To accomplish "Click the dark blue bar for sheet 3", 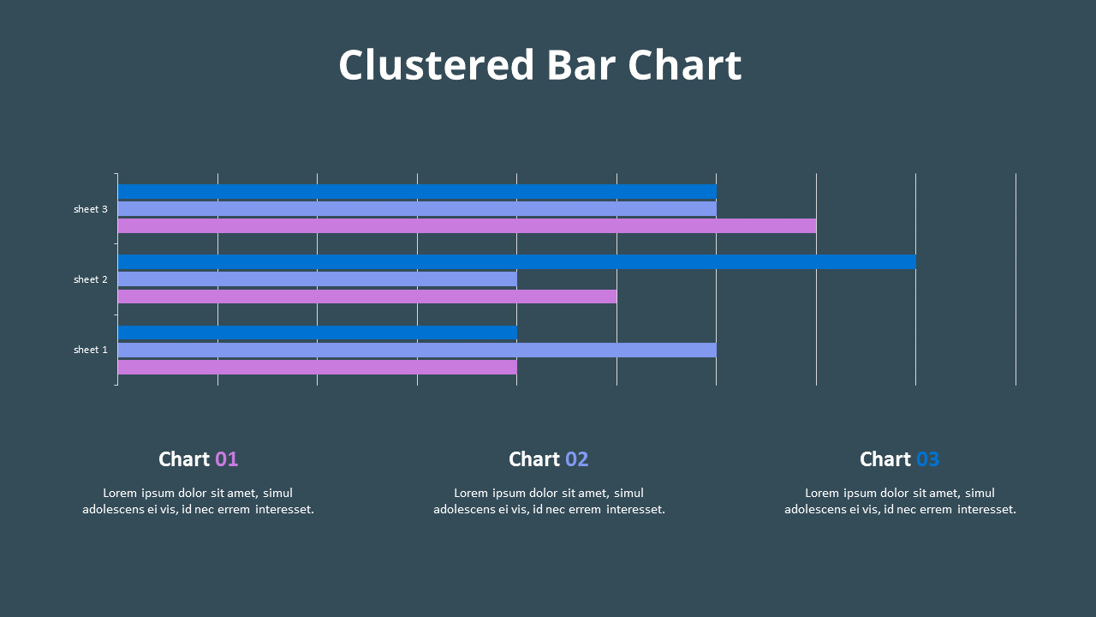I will pyautogui.click(x=417, y=191).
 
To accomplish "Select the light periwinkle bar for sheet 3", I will pyautogui.click(x=417, y=208).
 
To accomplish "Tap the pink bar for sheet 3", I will pyautogui.click(x=467, y=226).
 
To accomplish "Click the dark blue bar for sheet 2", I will pyautogui.click(x=516, y=261).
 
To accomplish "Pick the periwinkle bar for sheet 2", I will pyautogui.click(x=317, y=279).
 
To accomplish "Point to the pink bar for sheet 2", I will pyautogui.click(x=366, y=297).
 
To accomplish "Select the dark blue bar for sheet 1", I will pyautogui.click(x=317, y=332).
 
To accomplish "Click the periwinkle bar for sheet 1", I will pyautogui.click(x=417, y=350).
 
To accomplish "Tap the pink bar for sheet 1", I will pyautogui.click(x=317, y=367).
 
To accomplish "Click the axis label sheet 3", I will pyautogui.click(x=91, y=209).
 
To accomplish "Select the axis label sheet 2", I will pyautogui.click(x=91, y=279).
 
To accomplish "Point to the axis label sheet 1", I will pyautogui.click(x=91, y=350).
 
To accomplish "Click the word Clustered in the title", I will pyautogui.click(x=436, y=65).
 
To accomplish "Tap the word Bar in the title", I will pyautogui.click(x=581, y=65).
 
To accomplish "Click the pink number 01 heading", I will pyautogui.click(x=227, y=459).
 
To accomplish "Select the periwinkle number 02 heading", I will pyautogui.click(x=577, y=459).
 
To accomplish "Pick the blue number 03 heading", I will pyautogui.click(x=927, y=459).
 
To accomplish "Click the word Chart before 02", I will pyautogui.click(x=534, y=459).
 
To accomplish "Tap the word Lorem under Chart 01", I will pyautogui.click(x=121, y=493).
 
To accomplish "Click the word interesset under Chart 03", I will pyautogui.click(x=986, y=509).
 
